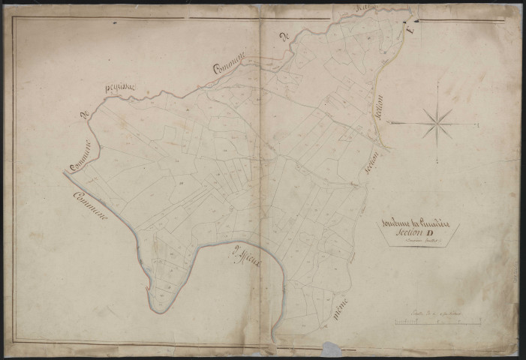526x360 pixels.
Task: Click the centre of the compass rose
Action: point(436,122)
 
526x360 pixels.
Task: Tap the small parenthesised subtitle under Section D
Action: point(416,243)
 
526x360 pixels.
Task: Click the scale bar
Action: point(438,323)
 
